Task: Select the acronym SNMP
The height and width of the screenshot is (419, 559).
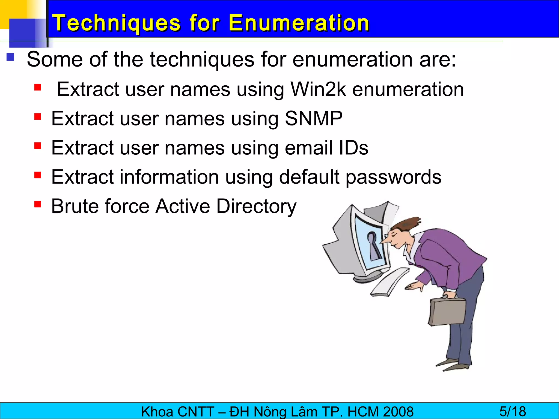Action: [314, 118]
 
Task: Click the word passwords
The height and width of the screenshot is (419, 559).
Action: [393, 177]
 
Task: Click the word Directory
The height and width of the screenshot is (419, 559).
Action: [256, 206]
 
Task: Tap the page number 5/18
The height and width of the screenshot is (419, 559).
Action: [513, 411]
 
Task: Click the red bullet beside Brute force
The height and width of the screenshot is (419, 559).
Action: [38, 204]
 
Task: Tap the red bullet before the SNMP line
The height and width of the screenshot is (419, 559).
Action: [38, 117]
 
